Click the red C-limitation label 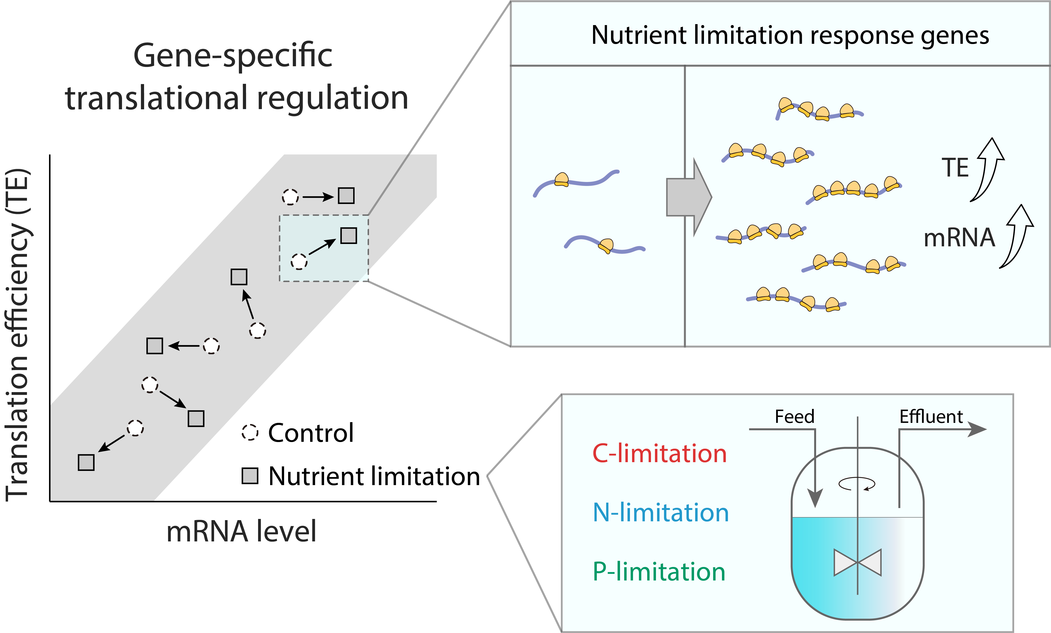coord(660,453)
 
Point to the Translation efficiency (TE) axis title coord(18,335)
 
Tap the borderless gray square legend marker coord(250,476)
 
